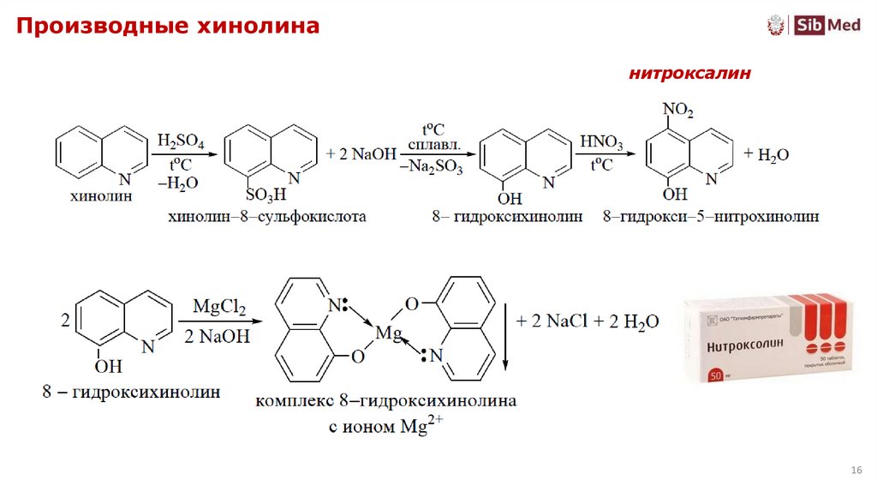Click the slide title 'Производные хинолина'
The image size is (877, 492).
[x=165, y=27]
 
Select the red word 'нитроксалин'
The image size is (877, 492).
[x=690, y=75]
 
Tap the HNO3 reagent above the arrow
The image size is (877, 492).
[x=602, y=141]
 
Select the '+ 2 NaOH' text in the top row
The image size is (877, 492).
[x=361, y=153]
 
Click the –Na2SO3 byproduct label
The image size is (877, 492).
[x=432, y=168]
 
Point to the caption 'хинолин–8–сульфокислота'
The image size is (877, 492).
[x=268, y=217]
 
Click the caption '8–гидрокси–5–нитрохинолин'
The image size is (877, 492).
[x=710, y=217]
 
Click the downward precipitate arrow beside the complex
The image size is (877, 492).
[x=505, y=334]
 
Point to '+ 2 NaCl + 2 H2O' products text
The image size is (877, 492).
[x=587, y=321]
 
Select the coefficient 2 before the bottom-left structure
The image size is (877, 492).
[x=64, y=322]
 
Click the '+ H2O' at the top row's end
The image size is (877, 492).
[x=766, y=154]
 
